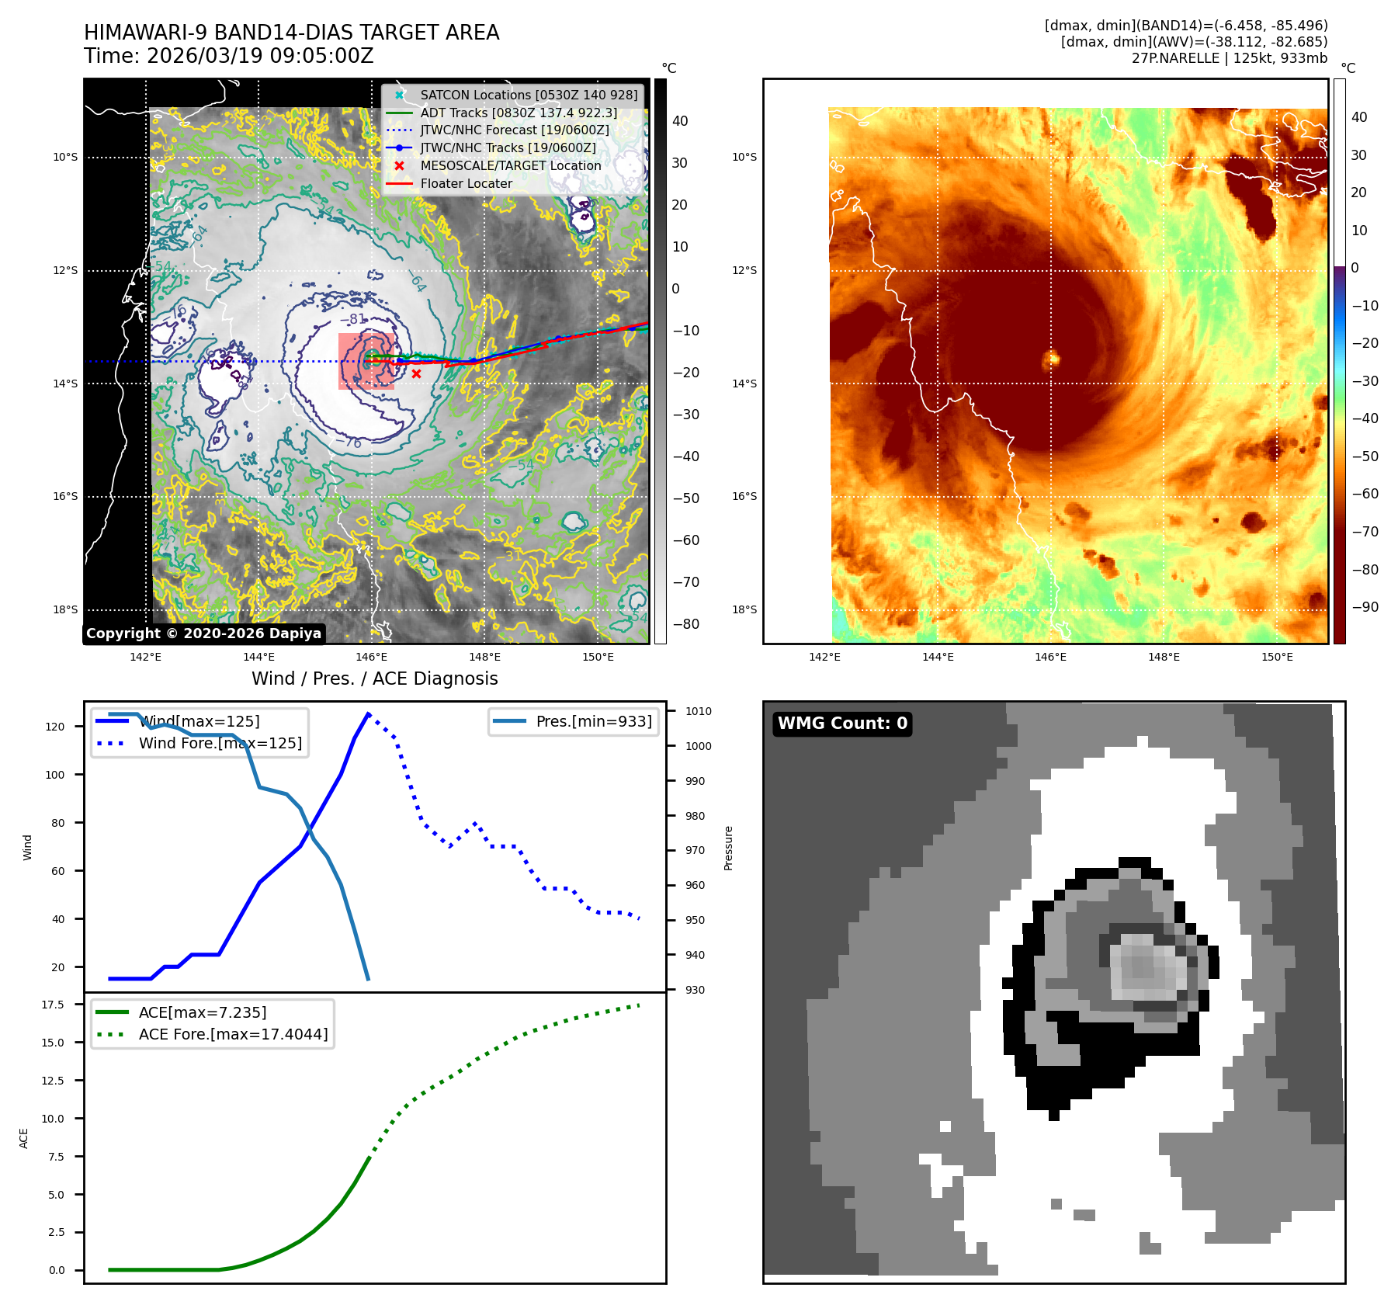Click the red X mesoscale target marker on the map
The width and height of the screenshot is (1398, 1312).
416,374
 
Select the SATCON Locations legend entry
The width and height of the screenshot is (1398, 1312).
528,95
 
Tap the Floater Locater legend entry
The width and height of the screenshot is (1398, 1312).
466,183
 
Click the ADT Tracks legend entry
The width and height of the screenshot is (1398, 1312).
518,113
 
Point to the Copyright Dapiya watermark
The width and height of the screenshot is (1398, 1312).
203,633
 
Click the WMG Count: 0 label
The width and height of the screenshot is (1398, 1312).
842,724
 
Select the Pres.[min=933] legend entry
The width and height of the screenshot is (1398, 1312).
593,721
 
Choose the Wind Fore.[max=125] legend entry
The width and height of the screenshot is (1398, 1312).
220,743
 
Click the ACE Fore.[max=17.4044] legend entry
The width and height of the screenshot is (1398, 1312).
233,1034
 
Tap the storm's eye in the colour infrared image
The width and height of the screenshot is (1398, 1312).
1052,359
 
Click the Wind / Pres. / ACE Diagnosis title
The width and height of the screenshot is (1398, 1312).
374,679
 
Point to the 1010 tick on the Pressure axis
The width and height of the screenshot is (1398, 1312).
698,711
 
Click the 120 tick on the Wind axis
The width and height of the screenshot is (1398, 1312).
55,727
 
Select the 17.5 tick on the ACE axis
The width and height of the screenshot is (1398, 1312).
53,1005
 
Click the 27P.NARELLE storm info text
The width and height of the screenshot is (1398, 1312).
1229,58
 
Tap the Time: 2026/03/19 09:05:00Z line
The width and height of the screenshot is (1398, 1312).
229,56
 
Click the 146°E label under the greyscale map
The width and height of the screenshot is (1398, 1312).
372,657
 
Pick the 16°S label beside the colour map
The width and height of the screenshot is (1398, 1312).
744,496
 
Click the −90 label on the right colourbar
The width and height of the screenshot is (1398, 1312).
1365,607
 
